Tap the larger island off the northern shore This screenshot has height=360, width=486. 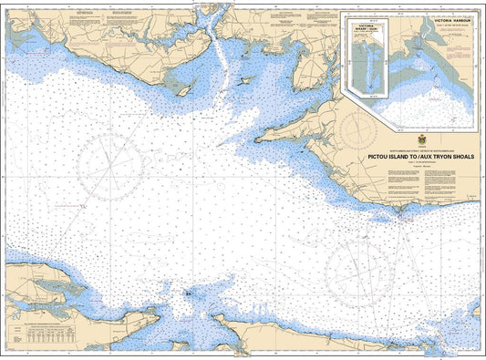[186, 88]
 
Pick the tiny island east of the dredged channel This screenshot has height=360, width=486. [243, 81]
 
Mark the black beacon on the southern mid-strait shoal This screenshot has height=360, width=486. [187, 293]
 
